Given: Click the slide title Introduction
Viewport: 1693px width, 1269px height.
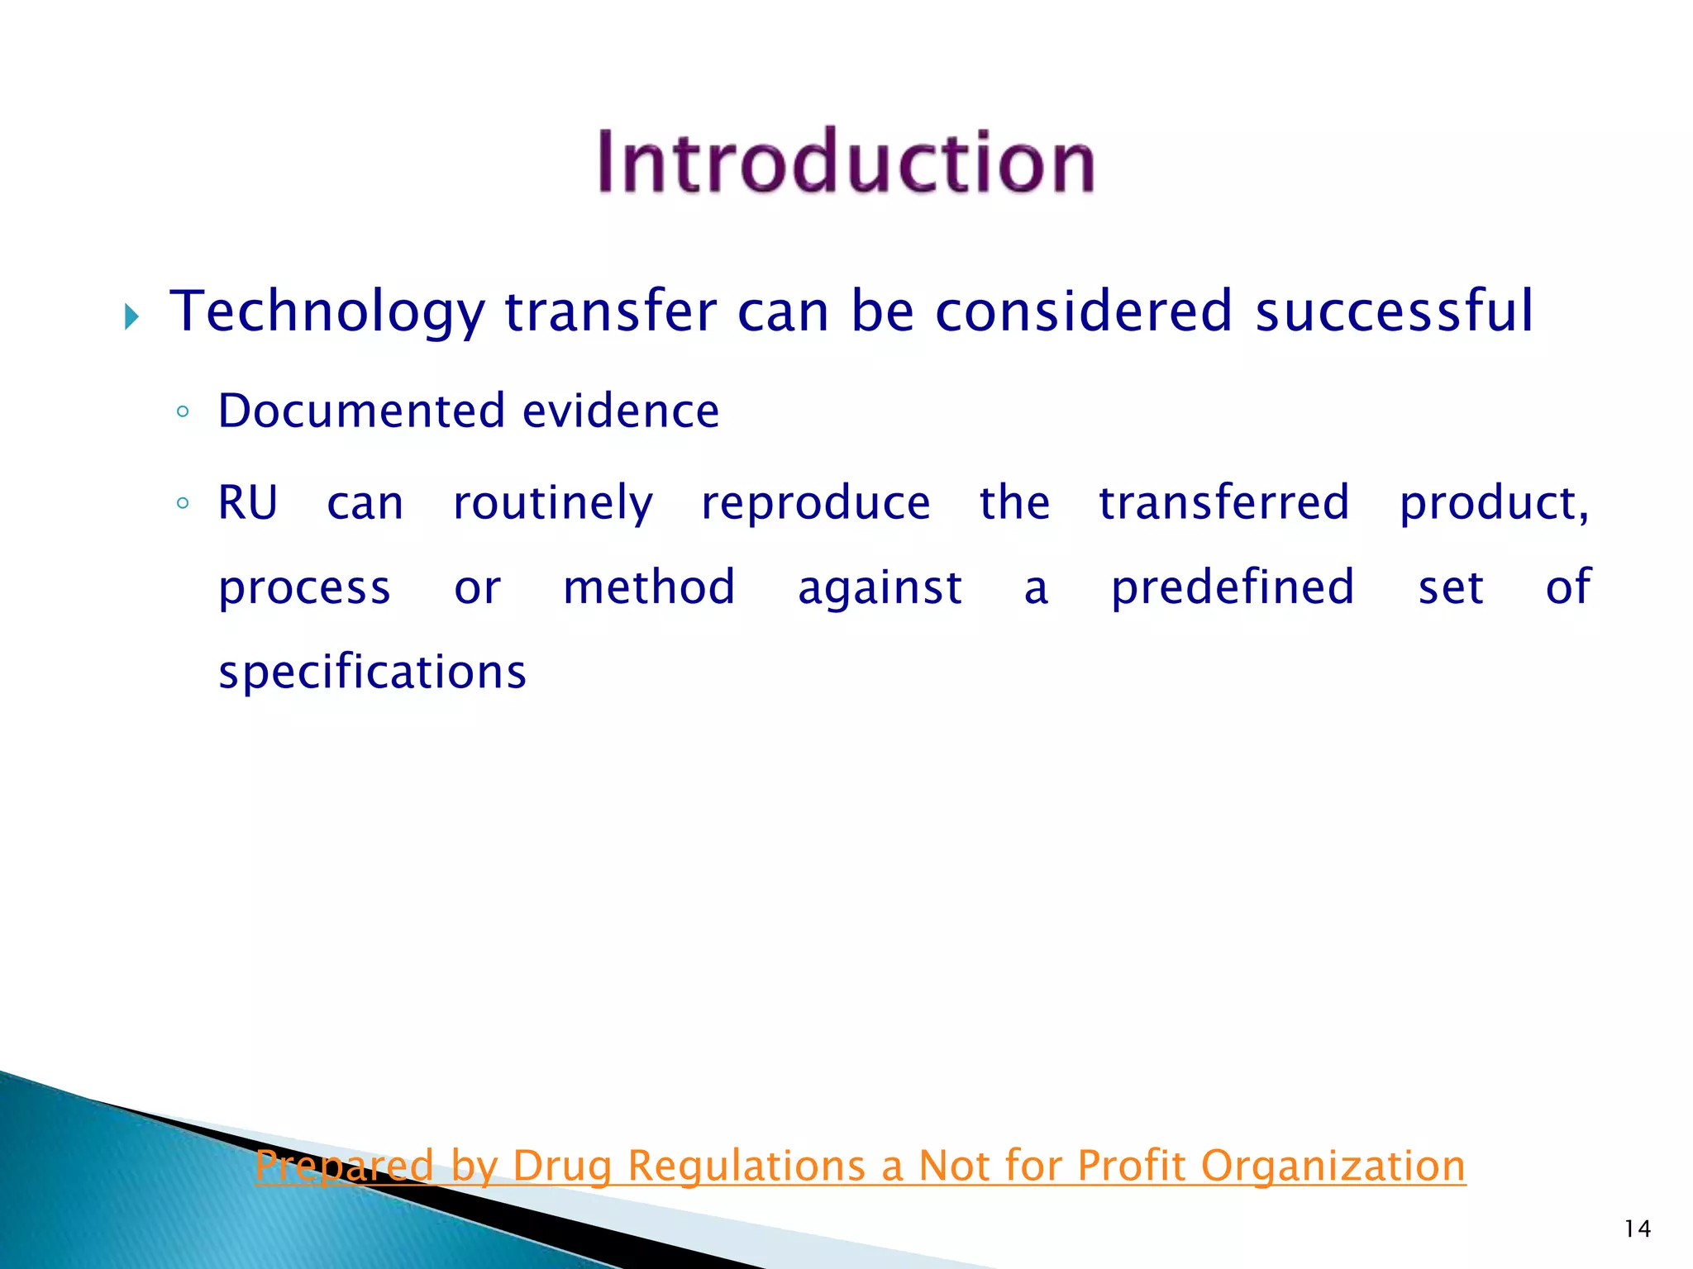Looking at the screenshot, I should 846,162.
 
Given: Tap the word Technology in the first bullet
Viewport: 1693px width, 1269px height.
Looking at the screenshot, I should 327,312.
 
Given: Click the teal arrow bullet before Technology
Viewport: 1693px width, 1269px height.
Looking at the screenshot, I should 131,316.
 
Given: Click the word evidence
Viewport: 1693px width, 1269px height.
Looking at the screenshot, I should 621,411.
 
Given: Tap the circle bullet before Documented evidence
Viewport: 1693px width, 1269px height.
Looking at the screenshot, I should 184,411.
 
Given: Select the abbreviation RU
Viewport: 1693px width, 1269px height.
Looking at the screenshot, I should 247,502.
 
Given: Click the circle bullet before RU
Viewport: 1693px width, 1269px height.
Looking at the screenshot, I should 184,502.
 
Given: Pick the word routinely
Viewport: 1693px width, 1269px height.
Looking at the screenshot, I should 553,504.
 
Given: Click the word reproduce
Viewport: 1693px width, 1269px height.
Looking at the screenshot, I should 815,504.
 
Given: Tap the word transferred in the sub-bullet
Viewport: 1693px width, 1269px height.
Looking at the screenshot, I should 1223,502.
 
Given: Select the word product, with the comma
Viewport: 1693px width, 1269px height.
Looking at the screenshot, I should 1494,504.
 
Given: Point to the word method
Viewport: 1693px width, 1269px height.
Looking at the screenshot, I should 649,587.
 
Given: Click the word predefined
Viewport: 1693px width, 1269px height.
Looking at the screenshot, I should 1232,587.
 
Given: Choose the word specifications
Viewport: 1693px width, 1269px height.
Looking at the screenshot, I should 372,672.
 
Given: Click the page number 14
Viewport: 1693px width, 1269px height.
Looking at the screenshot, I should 1637,1229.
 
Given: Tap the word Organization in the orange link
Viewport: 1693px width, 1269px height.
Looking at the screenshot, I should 1333,1166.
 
